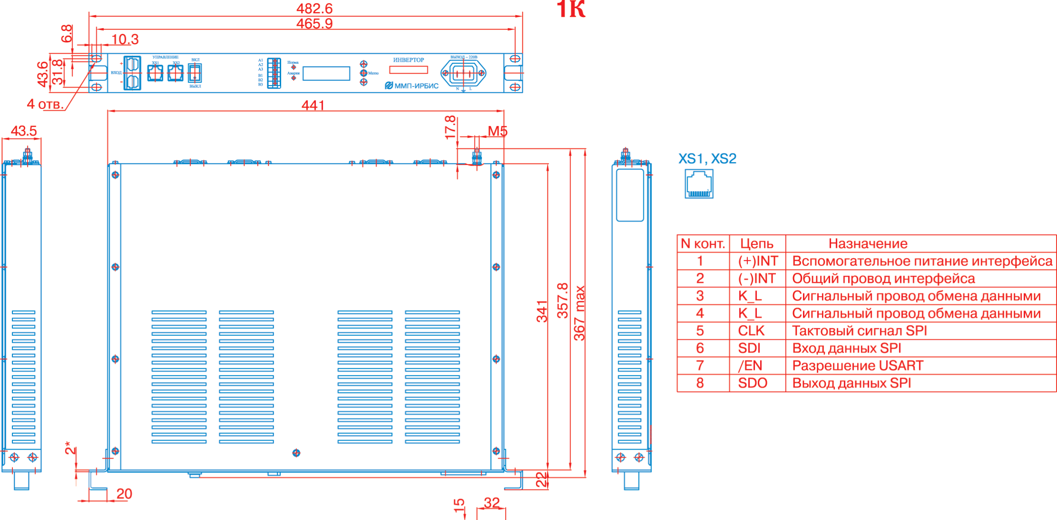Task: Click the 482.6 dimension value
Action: (x=314, y=9)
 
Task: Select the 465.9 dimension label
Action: (x=314, y=23)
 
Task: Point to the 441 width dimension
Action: (x=313, y=105)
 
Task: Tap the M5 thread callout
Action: (x=497, y=131)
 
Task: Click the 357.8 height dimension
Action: (x=562, y=300)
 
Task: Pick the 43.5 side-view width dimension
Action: (x=24, y=131)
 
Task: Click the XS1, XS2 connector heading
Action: (x=707, y=159)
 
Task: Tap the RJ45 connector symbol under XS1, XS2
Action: (x=699, y=184)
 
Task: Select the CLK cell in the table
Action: (x=751, y=331)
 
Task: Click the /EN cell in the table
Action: (x=750, y=366)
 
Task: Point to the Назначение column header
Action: (x=868, y=244)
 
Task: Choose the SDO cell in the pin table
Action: (x=753, y=383)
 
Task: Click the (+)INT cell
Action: (x=758, y=261)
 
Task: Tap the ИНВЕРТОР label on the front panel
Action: (x=408, y=60)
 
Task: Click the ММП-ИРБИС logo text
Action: (x=412, y=86)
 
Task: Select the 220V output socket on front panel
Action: (x=463, y=73)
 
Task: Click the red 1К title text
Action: (x=571, y=10)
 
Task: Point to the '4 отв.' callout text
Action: (x=45, y=104)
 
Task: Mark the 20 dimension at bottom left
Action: (x=124, y=494)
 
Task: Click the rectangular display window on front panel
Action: (x=326, y=73)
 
